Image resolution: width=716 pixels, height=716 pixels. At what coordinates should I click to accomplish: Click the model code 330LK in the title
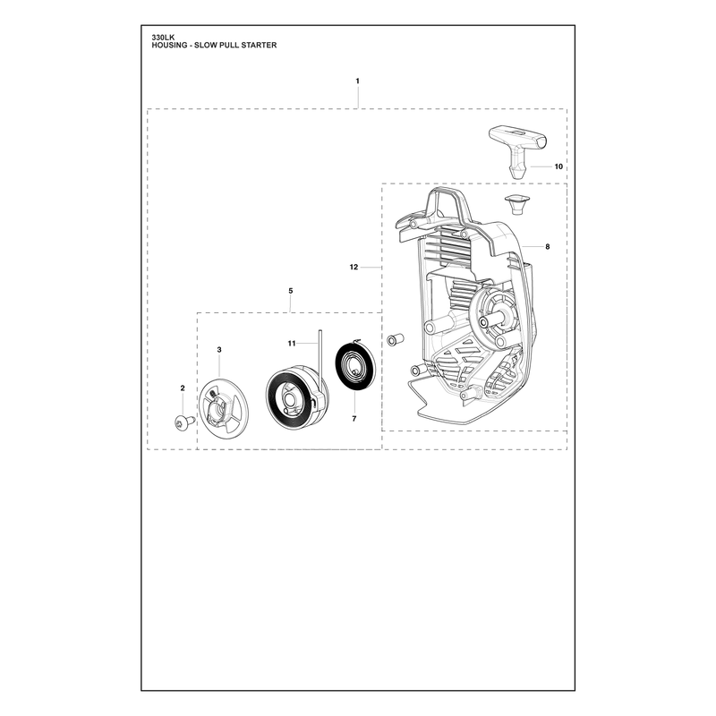tap(160, 38)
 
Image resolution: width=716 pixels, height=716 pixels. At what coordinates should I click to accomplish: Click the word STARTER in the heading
tap(260, 46)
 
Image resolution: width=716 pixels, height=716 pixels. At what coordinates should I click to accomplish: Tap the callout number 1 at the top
tap(357, 81)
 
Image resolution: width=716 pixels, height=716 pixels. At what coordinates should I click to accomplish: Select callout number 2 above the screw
tap(183, 388)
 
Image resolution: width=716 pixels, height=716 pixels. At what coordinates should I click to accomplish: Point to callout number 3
tap(219, 350)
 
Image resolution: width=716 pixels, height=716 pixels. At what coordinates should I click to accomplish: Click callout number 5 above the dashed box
tap(291, 291)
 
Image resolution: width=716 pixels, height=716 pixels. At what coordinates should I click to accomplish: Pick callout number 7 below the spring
tap(354, 418)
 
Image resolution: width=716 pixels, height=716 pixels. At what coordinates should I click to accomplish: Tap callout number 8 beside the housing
tap(548, 247)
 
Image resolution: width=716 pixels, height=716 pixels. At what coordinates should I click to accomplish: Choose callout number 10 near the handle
tap(558, 166)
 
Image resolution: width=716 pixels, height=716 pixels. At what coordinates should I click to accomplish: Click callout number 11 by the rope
tap(292, 344)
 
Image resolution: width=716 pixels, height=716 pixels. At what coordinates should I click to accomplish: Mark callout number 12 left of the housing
tap(354, 267)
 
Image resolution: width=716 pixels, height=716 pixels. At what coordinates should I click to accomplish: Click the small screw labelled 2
tap(184, 422)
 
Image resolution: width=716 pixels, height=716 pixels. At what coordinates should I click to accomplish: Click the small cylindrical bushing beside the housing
tap(396, 340)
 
